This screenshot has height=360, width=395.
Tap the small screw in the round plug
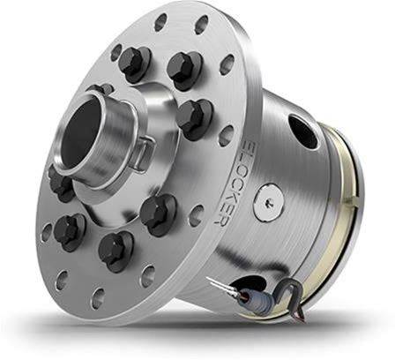pos(269,202)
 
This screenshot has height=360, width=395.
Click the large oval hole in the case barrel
pos(303,132)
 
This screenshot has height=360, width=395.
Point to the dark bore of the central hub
pos(80,131)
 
